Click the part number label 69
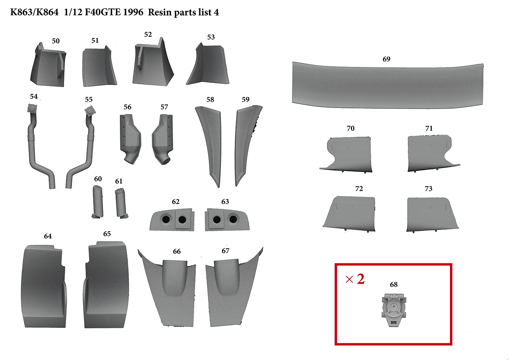[386, 59]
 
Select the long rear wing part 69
[388, 85]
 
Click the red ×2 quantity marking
[355, 279]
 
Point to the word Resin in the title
[159, 12]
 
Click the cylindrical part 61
[121, 203]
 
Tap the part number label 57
[164, 107]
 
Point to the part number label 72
[359, 189]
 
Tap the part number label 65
[107, 234]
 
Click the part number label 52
[148, 35]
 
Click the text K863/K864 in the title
[34, 12]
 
